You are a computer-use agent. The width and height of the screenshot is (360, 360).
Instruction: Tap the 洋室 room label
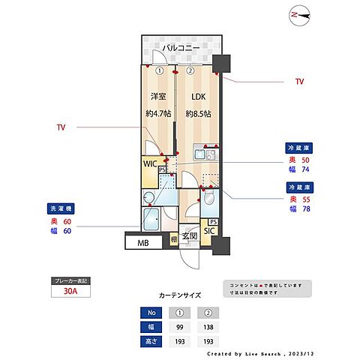click(x=158, y=97)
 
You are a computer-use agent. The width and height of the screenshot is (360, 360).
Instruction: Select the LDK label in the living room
click(x=197, y=97)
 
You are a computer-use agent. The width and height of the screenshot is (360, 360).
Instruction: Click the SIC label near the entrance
click(x=209, y=231)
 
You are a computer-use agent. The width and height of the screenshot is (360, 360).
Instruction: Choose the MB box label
click(x=142, y=243)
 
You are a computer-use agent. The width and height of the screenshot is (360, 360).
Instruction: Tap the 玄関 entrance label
click(x=190, y=235)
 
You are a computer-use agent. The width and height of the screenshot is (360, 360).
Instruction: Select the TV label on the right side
click(x=299, y=80)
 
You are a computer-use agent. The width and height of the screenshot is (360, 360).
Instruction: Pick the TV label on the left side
click(x=61, y=127)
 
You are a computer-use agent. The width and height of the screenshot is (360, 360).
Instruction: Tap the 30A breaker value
click(x=70, y=292)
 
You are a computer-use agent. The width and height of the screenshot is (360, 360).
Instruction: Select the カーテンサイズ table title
click(x=179, y=295)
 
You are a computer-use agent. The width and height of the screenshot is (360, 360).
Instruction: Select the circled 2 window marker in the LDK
click(x=190, y=71)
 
